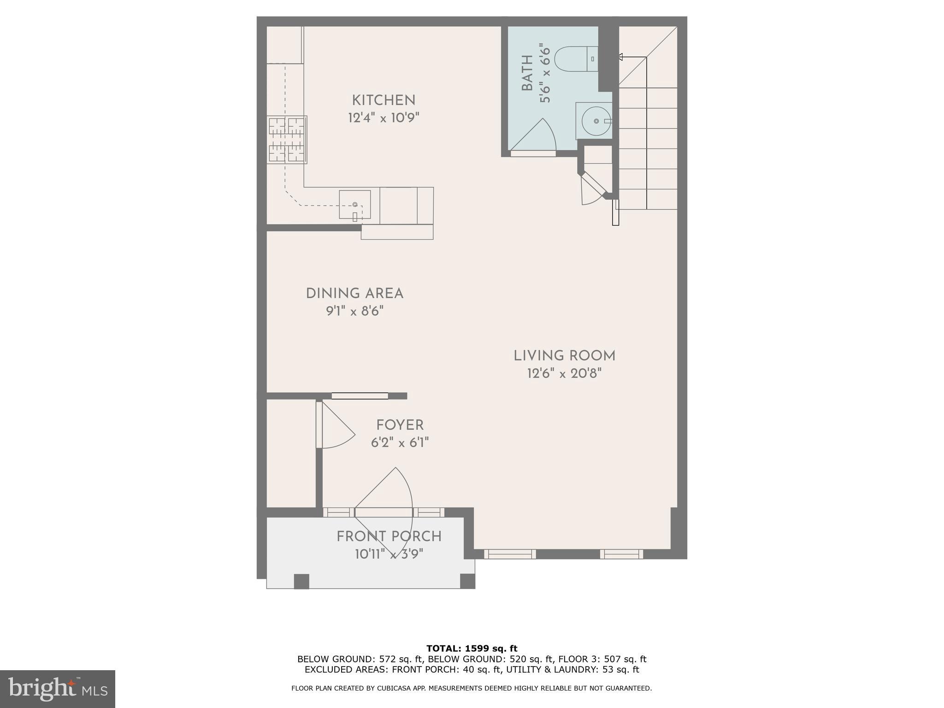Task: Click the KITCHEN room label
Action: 383,100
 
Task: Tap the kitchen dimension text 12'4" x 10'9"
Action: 383,118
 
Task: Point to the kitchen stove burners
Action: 287,140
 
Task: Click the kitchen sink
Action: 354,204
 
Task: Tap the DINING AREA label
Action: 354,294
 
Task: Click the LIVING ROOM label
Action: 564,356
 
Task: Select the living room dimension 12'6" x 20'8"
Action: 564,373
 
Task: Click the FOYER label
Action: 400,425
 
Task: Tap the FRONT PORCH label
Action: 389,537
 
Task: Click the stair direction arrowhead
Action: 620,57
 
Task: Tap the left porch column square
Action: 301,581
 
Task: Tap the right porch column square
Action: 467,581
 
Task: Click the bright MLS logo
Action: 57,689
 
